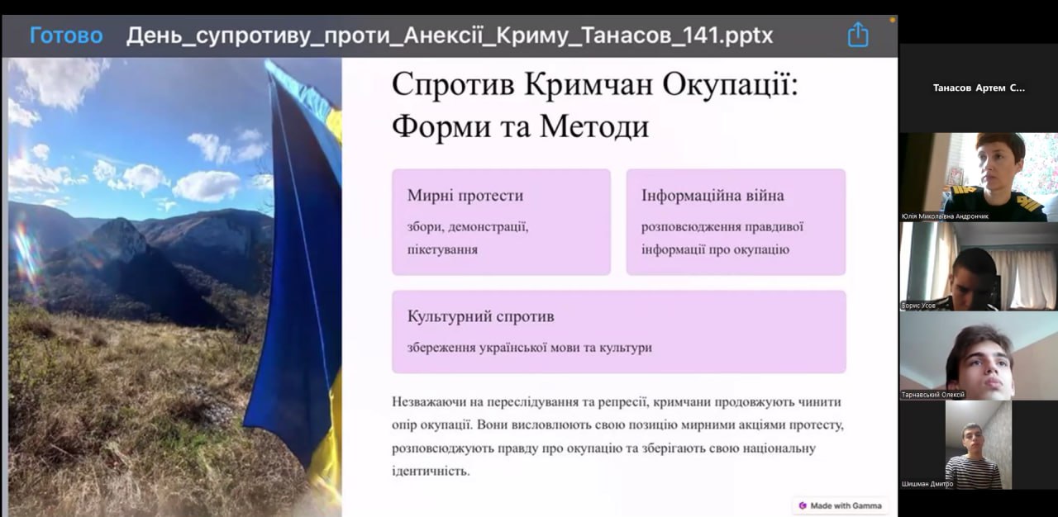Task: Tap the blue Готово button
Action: point(66,36)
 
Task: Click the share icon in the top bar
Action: point(858,35)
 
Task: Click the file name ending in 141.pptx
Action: point(449,36)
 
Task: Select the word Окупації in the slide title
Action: point(730,85)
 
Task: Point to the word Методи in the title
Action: point(594,126)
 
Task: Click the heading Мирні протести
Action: point(465,195)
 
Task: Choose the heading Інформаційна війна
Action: point(712,195)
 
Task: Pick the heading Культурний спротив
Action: point(480,316)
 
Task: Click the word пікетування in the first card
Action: point(442,249)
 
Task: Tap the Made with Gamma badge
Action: point(841,505)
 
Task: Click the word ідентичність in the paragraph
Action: point(431,471)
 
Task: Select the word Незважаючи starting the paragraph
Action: point(429,402)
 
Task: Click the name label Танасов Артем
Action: point(979,88)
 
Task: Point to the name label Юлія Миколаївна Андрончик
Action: point(945,216)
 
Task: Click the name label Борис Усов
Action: point(918,306)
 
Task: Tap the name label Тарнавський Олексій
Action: point(933,395)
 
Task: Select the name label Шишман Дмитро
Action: point(927,484)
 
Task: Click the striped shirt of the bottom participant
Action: point(975,472)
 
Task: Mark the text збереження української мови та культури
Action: point(530,348)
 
